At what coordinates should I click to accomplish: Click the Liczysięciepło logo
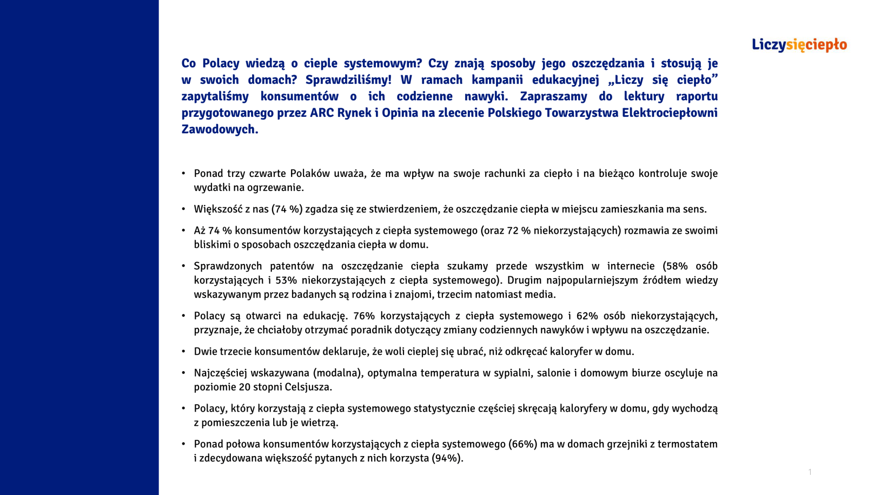(799, 45)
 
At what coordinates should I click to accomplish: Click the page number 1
(810, 472)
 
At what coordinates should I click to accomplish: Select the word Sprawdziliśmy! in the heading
(348, 80)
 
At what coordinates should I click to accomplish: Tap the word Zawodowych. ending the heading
(220, 129)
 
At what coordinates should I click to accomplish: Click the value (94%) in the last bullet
(447, 458)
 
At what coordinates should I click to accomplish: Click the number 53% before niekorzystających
(286, 280)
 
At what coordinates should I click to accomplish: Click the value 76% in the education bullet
(364, 316)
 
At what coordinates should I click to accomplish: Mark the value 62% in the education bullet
(587, 316)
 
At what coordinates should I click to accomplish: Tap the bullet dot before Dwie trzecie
(183, 352)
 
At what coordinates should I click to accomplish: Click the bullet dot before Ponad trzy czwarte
(183, 173)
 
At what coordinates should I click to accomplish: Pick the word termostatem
(687, 444)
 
